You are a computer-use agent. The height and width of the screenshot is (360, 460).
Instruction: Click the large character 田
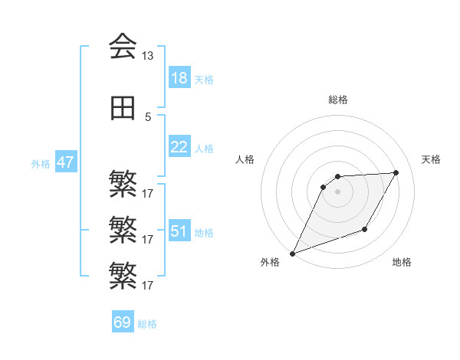[x=123, y=109]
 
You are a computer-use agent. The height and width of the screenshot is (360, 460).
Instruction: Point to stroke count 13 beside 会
[x=147, y=56]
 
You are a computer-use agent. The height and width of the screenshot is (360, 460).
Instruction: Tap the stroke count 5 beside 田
[x=147, y=117]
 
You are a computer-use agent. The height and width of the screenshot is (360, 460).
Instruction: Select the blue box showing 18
[x=179, y=77]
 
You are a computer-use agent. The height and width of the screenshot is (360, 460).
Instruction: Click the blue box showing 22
[x=179, y=147]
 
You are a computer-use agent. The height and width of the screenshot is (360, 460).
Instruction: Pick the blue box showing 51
[x=179, y=231]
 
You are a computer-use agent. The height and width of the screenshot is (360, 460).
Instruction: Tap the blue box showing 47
[x=64, y=162]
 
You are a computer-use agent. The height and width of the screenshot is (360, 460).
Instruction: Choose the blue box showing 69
[x=123, y=322]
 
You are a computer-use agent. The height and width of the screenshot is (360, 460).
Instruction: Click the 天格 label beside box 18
[x=204, y=79]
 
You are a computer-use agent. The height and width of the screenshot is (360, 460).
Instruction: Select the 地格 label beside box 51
[x=204, y=233]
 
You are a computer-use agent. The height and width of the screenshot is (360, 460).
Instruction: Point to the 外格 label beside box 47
[x=41, y=164]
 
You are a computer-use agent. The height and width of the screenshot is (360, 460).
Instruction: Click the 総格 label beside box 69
[x=147, y=324]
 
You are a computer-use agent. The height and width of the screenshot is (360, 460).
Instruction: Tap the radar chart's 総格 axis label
[x=337, y=100]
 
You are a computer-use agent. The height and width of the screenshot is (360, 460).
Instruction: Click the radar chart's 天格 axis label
[x=431, y=159]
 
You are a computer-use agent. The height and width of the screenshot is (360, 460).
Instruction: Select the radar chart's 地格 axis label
[x=402, y=263]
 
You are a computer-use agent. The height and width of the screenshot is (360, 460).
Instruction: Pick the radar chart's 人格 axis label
[x=245, y=159]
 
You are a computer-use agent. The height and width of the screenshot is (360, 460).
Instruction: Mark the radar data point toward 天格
[x=396, y=172]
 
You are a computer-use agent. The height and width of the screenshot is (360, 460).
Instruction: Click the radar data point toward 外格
[x=292, y=254]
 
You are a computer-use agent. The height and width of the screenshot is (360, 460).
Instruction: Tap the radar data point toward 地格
[x=365, y=229]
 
